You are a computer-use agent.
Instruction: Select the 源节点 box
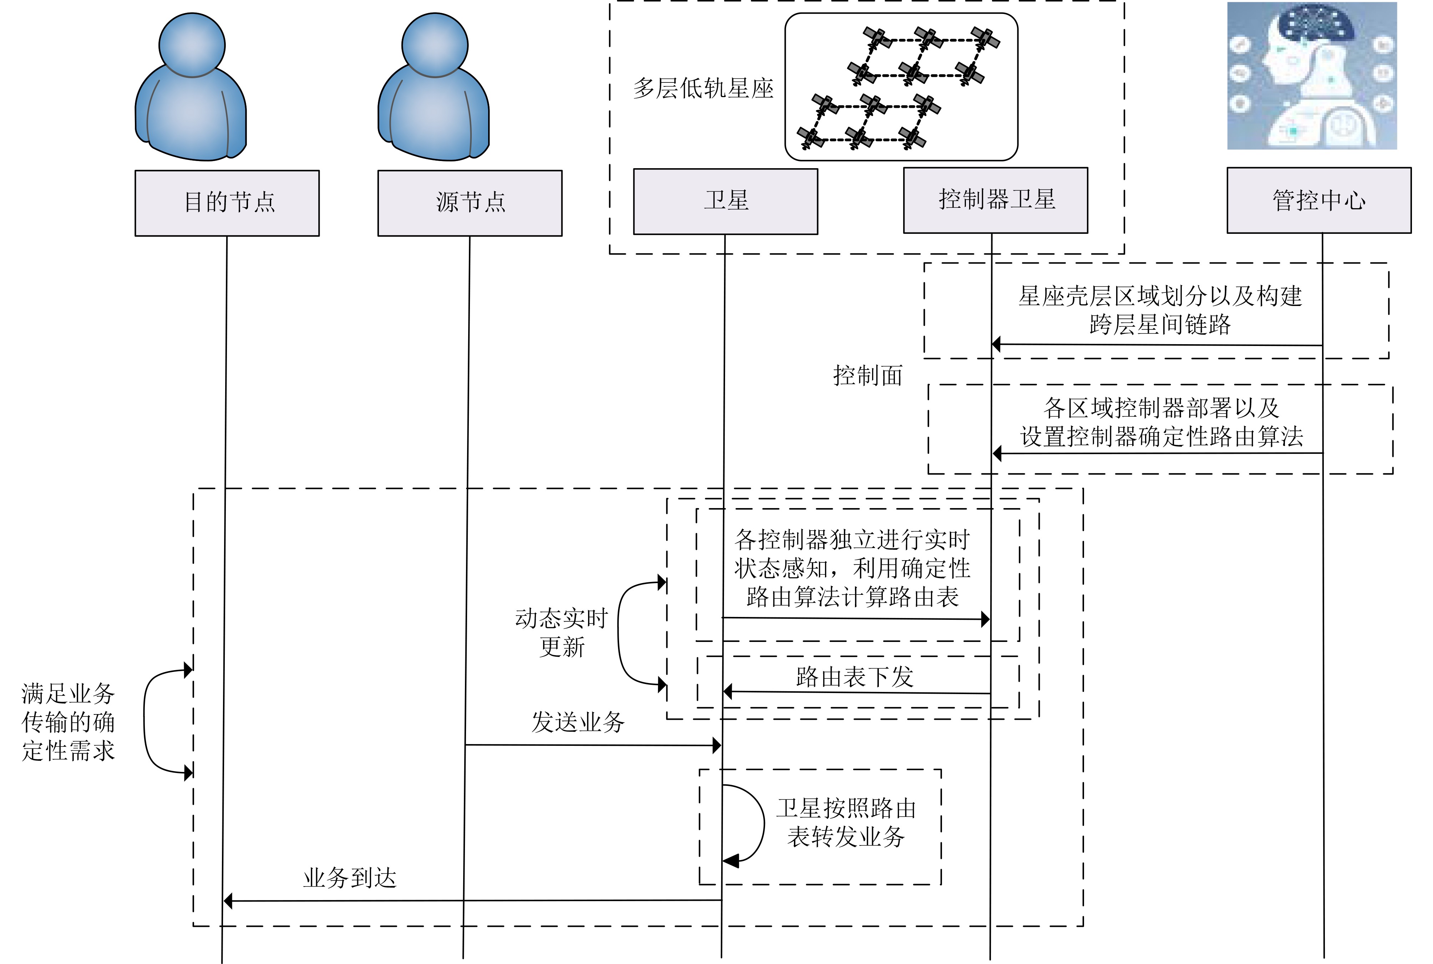[x=470, y=203]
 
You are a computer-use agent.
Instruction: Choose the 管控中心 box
[x=1319, y=200]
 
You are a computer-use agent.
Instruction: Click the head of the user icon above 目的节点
[x=192, y=45]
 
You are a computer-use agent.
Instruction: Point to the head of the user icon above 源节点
[x=435, y=45]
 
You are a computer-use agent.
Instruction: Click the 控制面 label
[x=868, y=375]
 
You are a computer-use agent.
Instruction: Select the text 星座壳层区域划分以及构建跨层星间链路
[x=1160, y=310]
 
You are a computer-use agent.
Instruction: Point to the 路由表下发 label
[x=854, y=677]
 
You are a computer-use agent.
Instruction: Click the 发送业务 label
[x=578, y=722]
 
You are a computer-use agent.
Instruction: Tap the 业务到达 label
[x=350, y=878]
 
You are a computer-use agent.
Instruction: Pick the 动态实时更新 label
[x=561, y=632]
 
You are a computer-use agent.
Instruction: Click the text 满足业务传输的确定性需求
[x=68, y=722]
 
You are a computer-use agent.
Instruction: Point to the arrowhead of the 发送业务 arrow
[x=716, y=746]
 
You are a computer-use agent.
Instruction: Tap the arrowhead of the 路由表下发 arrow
[x=728, y=692]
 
